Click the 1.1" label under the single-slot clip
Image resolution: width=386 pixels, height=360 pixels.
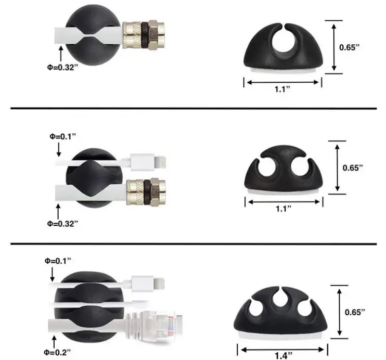pyautogui.click(x=282, y=88)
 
